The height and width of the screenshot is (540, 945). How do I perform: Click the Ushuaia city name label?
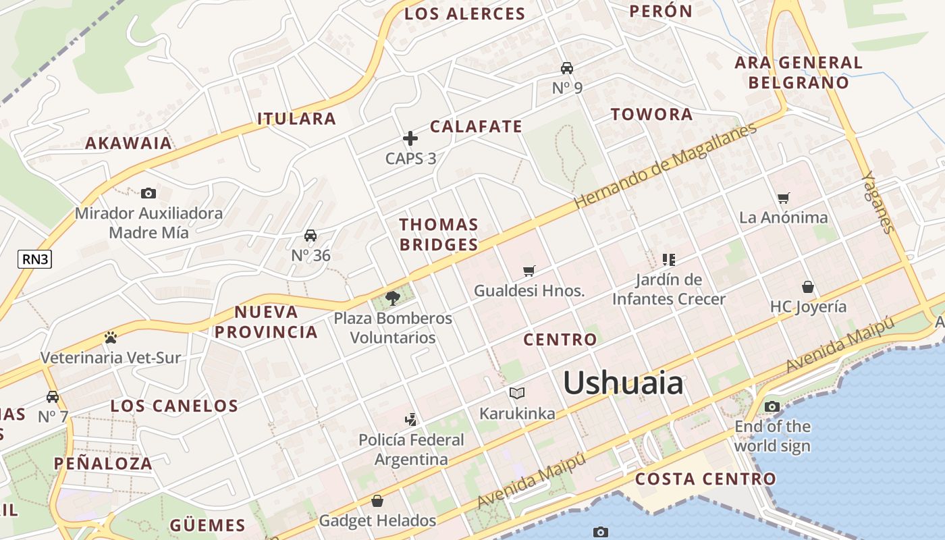point(622,383)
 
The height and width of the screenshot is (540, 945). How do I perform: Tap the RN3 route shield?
point(34,259)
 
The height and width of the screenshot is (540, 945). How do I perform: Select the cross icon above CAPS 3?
point(410,138)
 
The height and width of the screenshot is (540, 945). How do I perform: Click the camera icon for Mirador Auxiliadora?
point(148,194)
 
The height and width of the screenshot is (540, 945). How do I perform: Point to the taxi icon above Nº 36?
point(310,236)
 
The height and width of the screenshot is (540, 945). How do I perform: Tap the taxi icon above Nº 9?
point(567,68)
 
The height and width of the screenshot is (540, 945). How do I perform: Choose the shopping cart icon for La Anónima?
point(783,198)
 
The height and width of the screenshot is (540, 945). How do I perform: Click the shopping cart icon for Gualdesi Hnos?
point(529,271)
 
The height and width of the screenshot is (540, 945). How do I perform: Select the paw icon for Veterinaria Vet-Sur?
point(111,337)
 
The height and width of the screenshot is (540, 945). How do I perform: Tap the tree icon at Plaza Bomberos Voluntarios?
point(393,298)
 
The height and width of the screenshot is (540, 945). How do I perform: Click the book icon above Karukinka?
point(517,393)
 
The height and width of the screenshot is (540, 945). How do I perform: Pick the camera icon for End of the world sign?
point(772,406)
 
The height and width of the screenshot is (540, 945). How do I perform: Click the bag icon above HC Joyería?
point(807,287)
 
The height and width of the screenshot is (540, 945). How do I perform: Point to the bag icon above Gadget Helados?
point(377,501)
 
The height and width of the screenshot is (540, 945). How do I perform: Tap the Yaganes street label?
point(878,202)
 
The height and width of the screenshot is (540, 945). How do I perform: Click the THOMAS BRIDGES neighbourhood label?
point(439,234)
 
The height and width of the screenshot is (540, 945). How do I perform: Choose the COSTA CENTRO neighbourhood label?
point(706,479)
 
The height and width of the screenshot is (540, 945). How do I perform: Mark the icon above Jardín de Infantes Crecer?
point(669,259)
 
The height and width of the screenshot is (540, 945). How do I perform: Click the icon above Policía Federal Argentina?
point(410,420)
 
